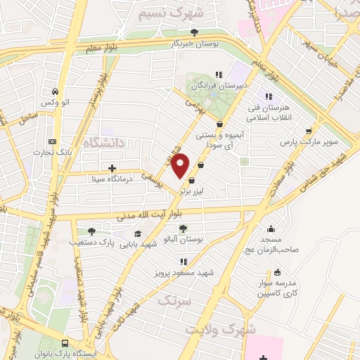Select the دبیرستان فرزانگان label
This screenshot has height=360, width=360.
tap(211, 84)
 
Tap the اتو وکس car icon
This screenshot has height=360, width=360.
tap(54, 91)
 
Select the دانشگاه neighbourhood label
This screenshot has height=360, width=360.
tap(104, 143)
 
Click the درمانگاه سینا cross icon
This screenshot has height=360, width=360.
tap(112, 168)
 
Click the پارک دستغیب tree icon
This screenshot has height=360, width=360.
tap(91, 231)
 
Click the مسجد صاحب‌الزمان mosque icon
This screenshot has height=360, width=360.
tap(271, 228)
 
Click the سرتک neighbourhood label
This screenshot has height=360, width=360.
tap(174, 301)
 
